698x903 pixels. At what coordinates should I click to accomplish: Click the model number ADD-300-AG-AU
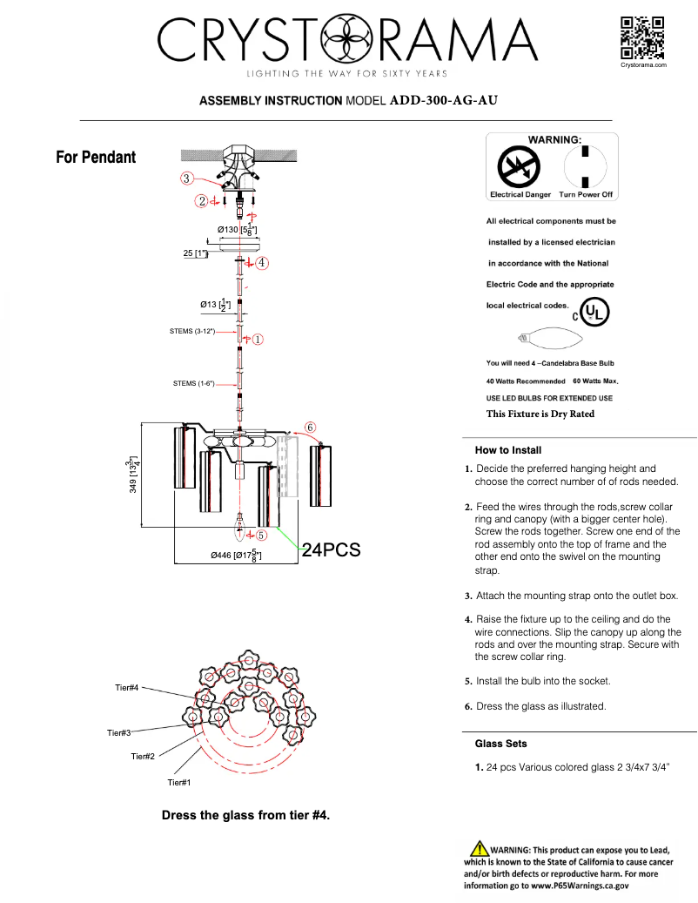click(x=443, y=100)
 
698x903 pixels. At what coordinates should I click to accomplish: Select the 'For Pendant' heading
click(x=96, y=158)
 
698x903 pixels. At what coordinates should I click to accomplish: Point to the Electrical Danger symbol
click(x=519, y=166)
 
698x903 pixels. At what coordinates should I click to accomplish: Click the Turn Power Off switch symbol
click(x=586, y=165)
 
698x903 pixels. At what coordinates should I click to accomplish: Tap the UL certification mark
click(x=594, y=312)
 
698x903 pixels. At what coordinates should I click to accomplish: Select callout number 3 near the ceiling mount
click(x=186, y=179)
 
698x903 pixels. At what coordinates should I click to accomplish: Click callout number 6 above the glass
click(x=311, y=427)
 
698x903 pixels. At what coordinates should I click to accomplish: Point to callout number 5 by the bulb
click(x=261, y=536)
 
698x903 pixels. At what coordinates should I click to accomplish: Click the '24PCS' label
click(x=331, y=550)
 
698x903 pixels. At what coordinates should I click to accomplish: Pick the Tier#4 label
click(x=126, y=688)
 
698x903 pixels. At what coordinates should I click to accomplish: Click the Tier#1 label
click(x=178, y=783)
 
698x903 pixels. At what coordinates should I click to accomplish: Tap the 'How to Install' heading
click(x=508, y=450)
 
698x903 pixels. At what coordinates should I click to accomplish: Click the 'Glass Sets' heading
click(x=500, y=744)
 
